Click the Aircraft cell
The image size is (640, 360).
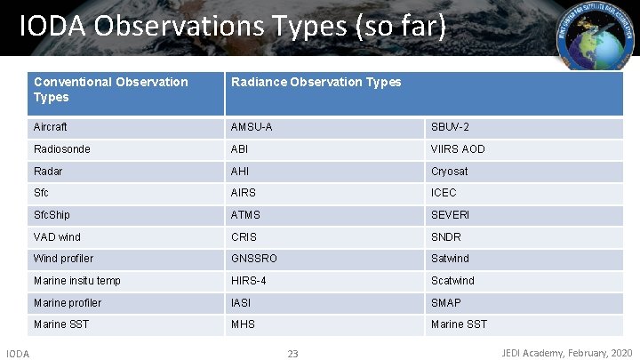click(51, 127)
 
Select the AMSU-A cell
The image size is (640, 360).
click(252, 127)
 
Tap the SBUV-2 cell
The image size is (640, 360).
click(450, 127)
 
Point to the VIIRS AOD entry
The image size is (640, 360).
click(458, 149)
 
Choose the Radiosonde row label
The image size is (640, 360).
click(62, 149)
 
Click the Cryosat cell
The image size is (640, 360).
click(449, 172)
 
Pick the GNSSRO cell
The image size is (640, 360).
click(254, 259)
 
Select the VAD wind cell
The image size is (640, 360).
click(57, 237)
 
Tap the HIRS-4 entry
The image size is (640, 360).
click(249, 281)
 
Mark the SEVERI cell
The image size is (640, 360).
click(451, 215)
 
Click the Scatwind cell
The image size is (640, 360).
click(452, 281)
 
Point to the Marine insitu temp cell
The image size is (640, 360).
click(77, 281)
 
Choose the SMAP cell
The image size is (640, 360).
click(447, 303)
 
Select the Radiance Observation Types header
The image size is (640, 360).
click(316, 82)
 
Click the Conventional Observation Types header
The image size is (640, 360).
click(111, 89)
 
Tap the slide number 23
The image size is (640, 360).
click(293, 354)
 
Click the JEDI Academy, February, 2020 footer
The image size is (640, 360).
click(567, 353)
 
